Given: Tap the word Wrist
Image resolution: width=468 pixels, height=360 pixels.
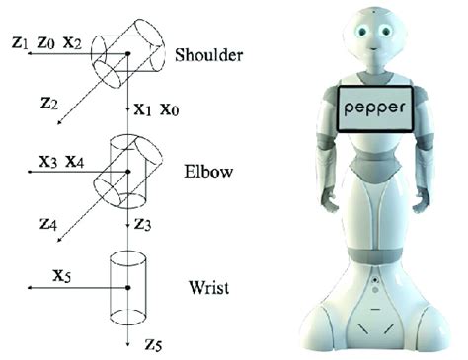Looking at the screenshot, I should coord(207,289).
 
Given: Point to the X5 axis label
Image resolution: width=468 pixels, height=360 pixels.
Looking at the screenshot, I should coord(62,274).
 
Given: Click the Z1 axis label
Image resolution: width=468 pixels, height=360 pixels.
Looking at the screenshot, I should coord(14,42).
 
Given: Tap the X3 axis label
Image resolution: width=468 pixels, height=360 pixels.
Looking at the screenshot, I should coord(47,158).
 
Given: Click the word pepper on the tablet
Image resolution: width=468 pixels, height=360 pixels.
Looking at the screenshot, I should coord(374,105).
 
